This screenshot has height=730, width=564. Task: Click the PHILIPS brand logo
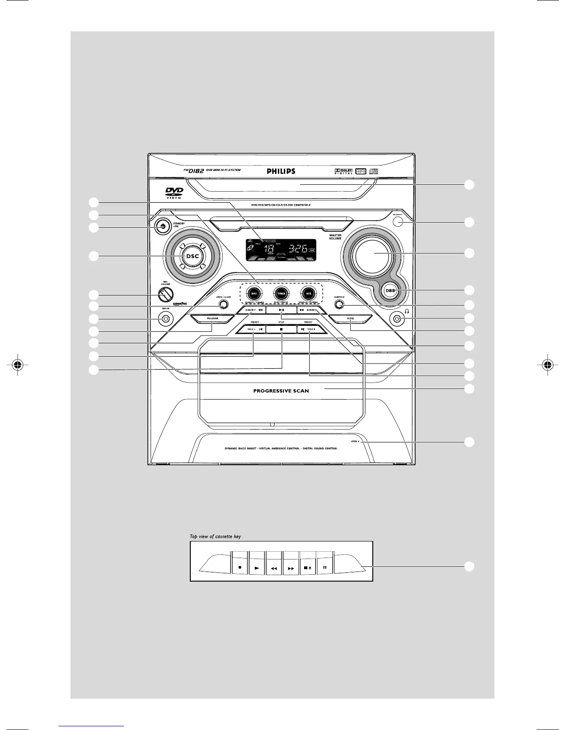[281, 171]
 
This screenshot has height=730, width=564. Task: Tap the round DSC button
[193, 256]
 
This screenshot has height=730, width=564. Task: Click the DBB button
[391, 290]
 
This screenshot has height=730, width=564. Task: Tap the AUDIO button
[350, 318]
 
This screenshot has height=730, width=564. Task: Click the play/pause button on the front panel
[281, 310]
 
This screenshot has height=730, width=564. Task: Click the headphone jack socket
[397, 318]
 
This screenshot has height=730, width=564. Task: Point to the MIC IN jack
[165, 318]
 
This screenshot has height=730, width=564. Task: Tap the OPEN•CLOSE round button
[224, 305]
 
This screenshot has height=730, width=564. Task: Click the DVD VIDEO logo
[174, 193]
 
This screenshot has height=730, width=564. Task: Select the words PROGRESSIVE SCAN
[281, 391]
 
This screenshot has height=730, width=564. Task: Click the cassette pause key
[324, 567]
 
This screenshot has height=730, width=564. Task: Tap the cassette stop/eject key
[308, 568]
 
